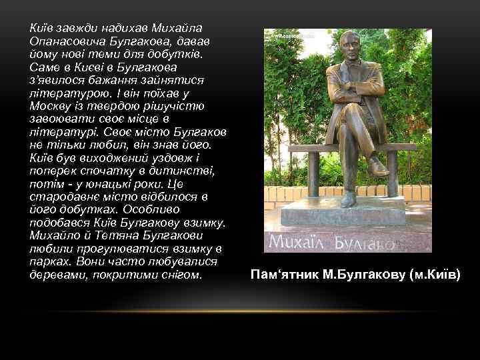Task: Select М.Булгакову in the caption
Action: pyautogui.click(x=359, y=275)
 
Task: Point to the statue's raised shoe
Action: pyautogui.click(x=379, y=167)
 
